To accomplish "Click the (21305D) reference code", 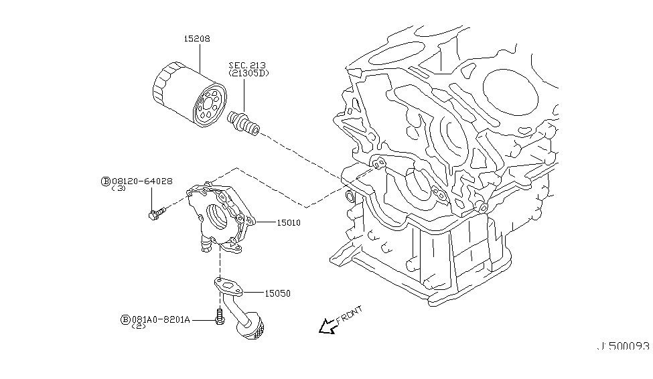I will click(248, 73).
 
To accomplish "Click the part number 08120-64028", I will click(142, 181).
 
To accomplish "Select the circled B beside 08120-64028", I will click(105, 181).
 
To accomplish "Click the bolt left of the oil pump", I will click(155, 214).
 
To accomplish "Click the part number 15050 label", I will click(278, 293).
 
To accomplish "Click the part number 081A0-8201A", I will click(161, 320).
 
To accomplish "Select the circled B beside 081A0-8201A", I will click(125, 320).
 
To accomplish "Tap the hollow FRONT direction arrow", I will click(327, 326).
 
